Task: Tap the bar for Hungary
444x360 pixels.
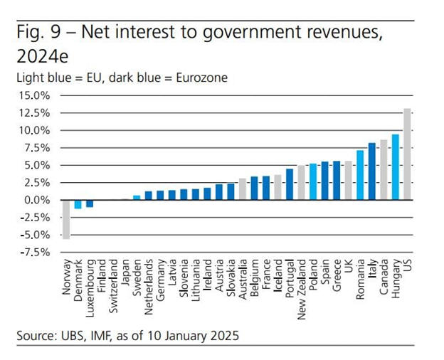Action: click(395, 166)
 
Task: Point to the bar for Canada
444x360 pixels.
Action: click(384, 169)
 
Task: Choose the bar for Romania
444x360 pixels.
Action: click(360, 175)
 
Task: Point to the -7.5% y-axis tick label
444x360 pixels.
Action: click(32, 252)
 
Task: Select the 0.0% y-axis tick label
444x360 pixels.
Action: click(35, 200)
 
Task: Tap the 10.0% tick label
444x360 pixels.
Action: click(33, 130)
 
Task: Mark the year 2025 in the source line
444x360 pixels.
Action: click(225, 334)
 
